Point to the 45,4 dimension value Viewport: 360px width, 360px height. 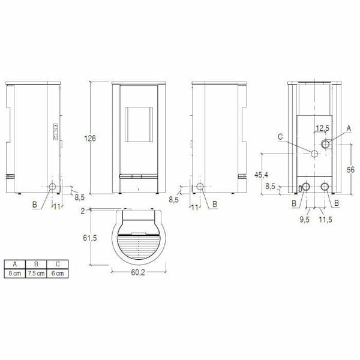point(261,175)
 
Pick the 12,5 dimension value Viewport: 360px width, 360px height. point(323,128)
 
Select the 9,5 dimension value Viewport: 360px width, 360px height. point(306,220)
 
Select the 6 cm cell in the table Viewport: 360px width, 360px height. point(57,273)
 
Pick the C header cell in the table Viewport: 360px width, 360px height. point(57,264)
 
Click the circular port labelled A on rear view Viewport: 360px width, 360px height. point(326,144)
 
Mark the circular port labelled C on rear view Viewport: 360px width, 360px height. point(314,155)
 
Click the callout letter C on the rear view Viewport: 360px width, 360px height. point(281,136)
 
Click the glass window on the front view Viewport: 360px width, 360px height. point(138,125)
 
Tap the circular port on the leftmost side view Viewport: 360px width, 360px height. point(53,187)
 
